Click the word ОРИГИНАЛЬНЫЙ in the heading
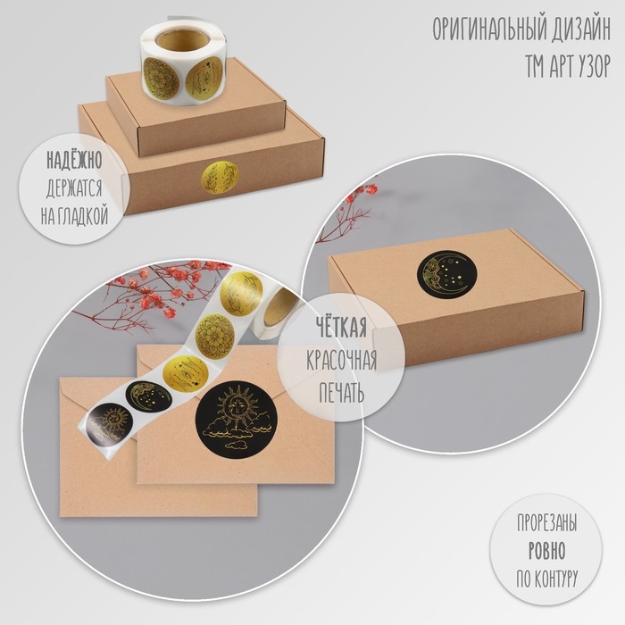click(489, 29)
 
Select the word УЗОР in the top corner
click(589, 67)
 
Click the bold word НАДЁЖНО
click(74, 160)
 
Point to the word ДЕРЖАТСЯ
click(74, 188)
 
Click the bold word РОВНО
click(546, 551)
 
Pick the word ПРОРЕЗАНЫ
click(546, 523)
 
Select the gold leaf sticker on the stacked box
click(219, 178)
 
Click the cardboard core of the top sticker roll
click(183, 39)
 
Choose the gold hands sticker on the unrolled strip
click(185, 374)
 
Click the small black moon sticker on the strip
click(149, 396)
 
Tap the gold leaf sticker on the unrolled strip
click(241, 291)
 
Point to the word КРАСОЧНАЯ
click(342, 360)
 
